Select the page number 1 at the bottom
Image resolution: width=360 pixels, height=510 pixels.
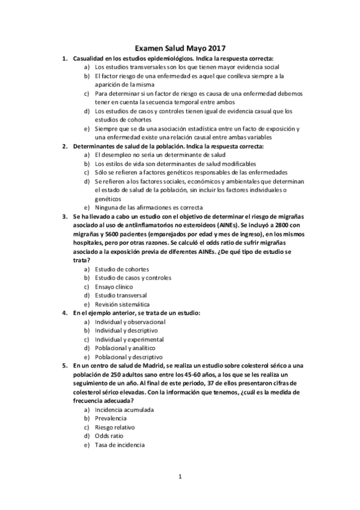coord(180,478)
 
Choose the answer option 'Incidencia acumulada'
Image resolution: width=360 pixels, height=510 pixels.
coord(124,410)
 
